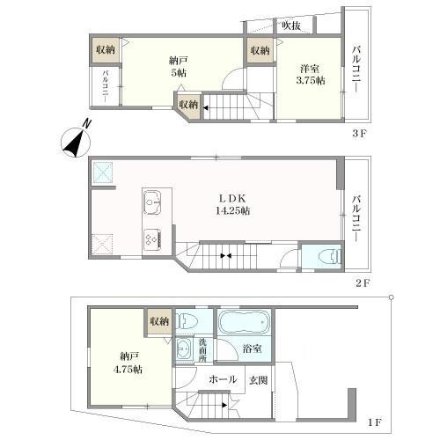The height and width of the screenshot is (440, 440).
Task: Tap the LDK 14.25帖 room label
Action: (x=232, y=204)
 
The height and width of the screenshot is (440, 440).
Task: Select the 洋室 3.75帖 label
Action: (x=311, y=75)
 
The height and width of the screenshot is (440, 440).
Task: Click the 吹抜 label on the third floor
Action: (x=291, y=26)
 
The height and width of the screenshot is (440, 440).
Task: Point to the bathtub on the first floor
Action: (x=245, y=322)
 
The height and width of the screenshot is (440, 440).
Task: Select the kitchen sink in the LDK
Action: (x=152, y=202)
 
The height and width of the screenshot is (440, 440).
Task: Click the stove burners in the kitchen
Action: (x=152, y=237)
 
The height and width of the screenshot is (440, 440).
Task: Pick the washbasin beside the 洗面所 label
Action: (x=184, y=348)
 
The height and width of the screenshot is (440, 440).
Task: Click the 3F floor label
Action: (x=359, y=134)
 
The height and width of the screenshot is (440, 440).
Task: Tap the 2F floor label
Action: (x=363, y=283)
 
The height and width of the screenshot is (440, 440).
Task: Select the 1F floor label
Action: (x=375, y=422)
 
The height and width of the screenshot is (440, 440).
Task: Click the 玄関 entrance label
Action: (x=258, y=380)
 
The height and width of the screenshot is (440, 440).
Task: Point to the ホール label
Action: (x=223, y=379)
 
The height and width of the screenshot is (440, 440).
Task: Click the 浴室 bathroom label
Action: (x=253, y=348)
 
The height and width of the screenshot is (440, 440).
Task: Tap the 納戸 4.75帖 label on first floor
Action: (x=128, y=363)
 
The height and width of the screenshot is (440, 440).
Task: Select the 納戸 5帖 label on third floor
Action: (x=178, y=67)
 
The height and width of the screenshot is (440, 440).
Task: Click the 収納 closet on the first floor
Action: (x=159, y=321)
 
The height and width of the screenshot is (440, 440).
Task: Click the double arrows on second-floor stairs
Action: (x=226, y=255)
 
